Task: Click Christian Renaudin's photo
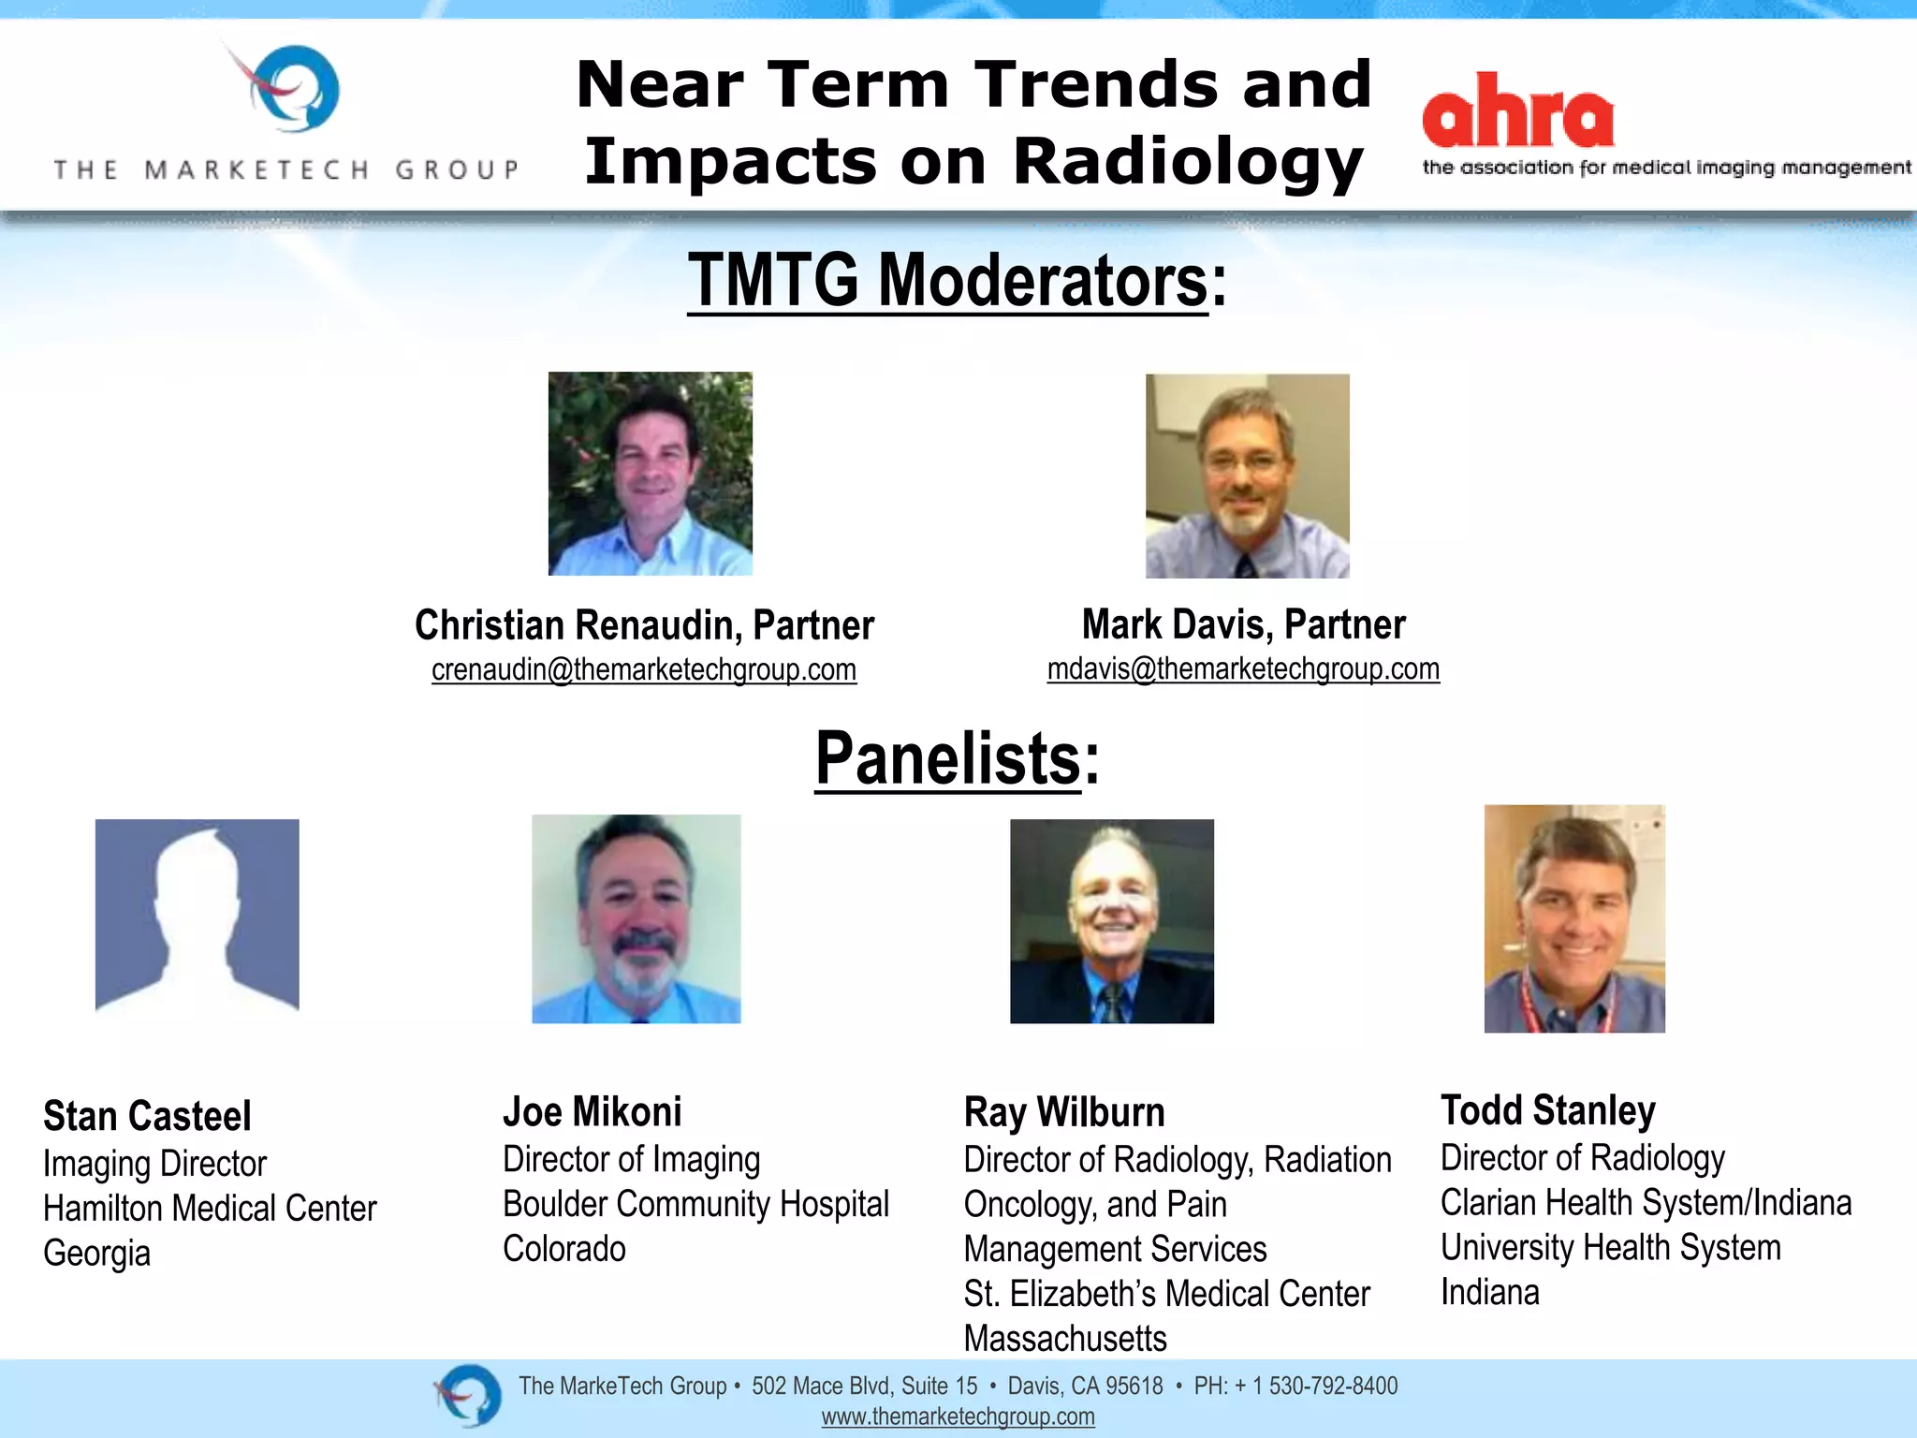pos(650,474)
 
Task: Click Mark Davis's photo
pos(1247,476)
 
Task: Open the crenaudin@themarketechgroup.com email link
pos(643,670)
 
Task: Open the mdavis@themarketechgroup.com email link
pos(1243,669)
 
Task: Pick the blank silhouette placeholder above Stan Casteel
pos(197,916)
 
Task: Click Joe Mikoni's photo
pos(636,918)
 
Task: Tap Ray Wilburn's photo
pos(1111,921)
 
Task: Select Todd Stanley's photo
pos(1573,918)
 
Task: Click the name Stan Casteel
pos(147,1116)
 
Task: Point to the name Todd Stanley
pos(1547,1110)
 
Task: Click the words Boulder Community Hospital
pos(695,1204)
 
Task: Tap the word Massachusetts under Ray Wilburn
pos(1065,1339)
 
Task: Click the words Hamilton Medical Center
pos(210,1209)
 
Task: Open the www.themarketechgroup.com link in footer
pos(958,1416)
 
